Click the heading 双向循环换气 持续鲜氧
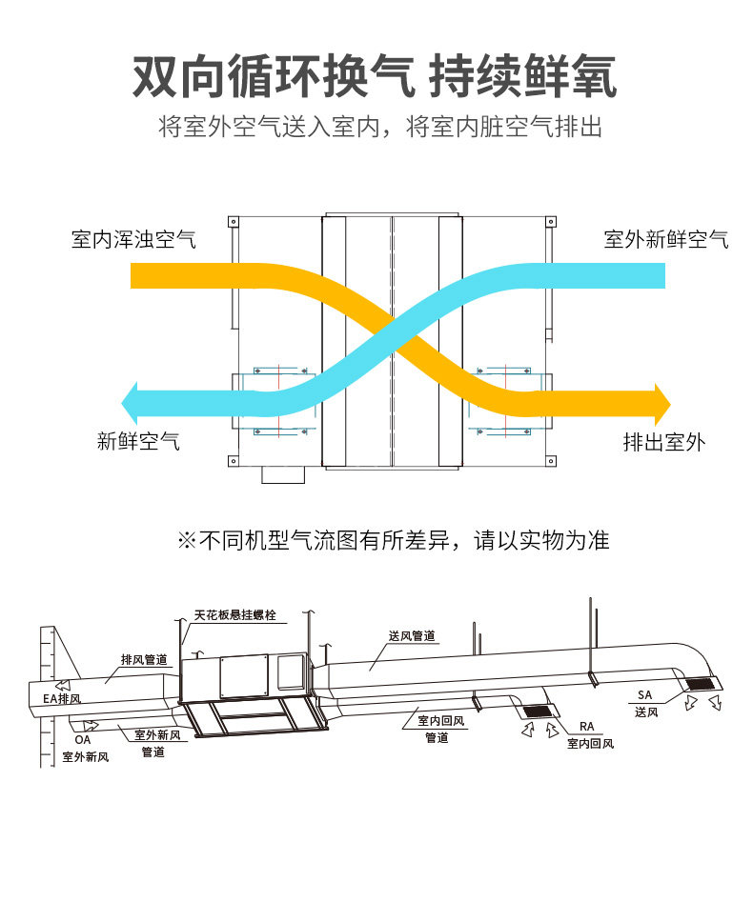point(375,76)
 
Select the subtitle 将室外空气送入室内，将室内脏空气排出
point(380,127)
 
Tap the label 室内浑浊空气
point(133,239)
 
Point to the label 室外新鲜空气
point(665,239)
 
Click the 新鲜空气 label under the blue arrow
point(138,441)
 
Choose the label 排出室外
point(664,442)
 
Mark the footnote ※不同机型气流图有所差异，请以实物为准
point(393,541)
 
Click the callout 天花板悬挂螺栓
point(234,616)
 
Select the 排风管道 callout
point(144,659)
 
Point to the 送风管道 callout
point(412,635)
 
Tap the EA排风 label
point(63,698)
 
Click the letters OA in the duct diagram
point(82,738)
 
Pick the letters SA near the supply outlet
point(645,695)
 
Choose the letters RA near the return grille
point(586,727)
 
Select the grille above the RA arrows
point(537,711)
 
